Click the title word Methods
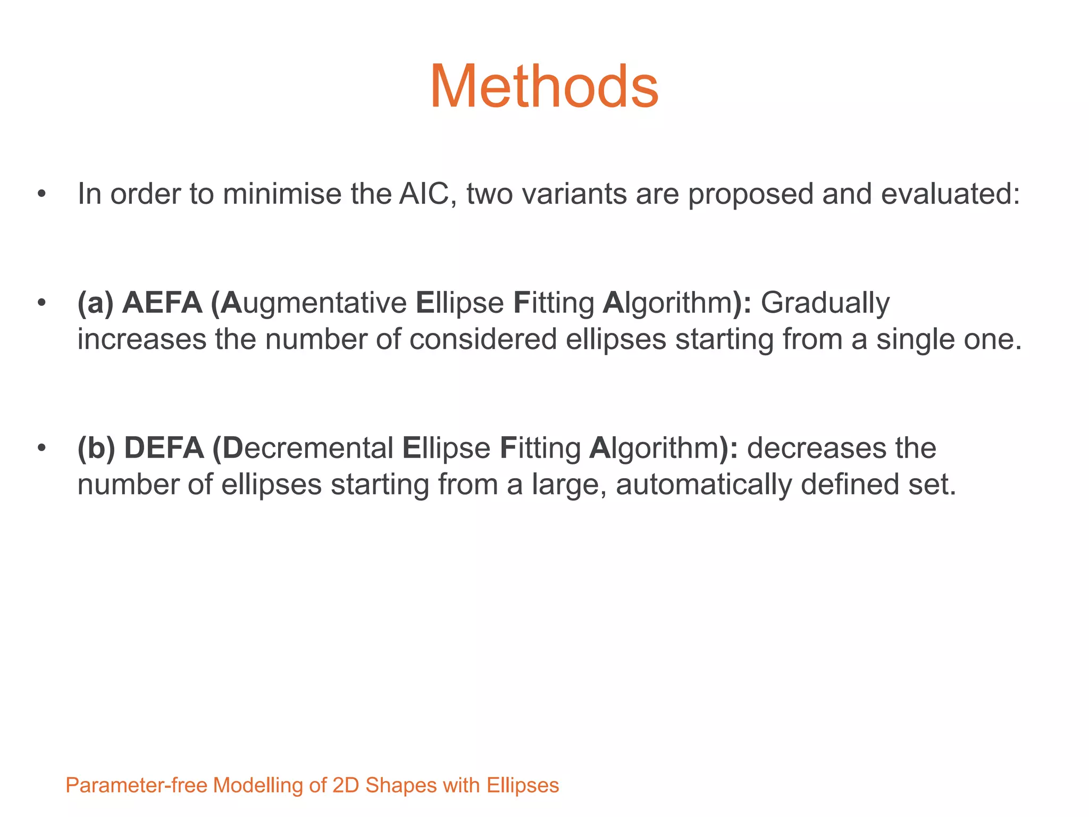(x=544, y=87)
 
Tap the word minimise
(x=281, y=194)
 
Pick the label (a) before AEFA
(x=95, y=303)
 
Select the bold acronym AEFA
(x=162, y=303)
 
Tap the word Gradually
(x=825, y=303)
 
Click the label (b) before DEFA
(x=96, y=448)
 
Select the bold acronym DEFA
(x=164, y=448)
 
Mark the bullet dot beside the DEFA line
(x=41, y=448)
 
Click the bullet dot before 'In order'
(x=41, y=194)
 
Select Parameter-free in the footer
(x=136, y=786)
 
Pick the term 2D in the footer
(x=346, y=786)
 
